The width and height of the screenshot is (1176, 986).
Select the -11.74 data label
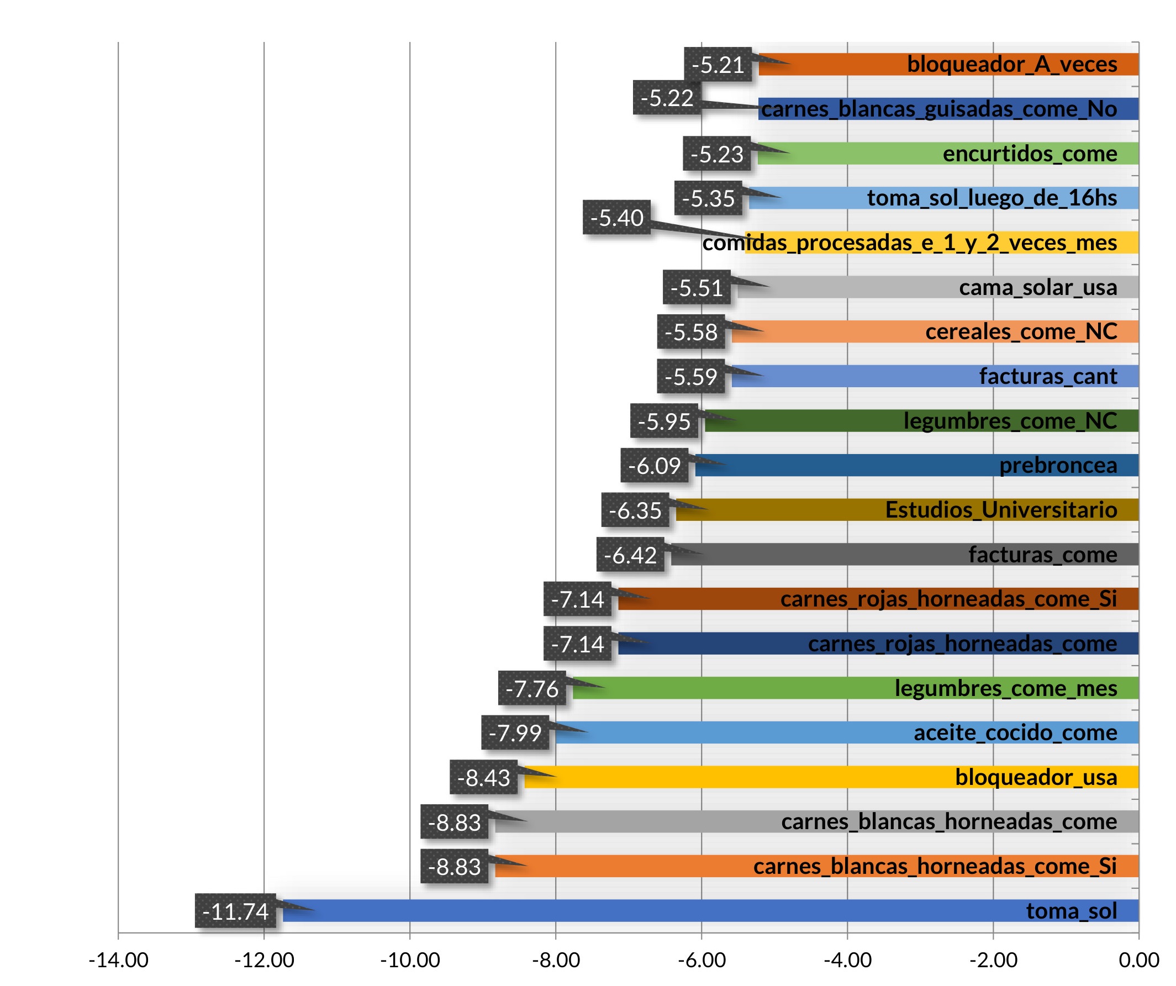235,911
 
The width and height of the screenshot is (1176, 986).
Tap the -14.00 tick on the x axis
118,960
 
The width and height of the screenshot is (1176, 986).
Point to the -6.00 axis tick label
702,960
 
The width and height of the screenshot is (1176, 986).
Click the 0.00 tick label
1138,960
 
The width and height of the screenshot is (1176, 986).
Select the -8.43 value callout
484,778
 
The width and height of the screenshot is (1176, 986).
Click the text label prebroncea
1058,465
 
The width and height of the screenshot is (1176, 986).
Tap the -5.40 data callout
616,218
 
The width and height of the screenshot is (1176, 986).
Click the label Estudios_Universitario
1001,510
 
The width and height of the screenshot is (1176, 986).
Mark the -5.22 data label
667,98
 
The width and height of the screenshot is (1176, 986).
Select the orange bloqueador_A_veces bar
840,65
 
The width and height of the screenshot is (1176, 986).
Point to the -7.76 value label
532,689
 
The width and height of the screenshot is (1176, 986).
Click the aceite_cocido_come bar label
1015,733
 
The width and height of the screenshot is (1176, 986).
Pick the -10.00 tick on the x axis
410,960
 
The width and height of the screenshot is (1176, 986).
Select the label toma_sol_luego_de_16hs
992,198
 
